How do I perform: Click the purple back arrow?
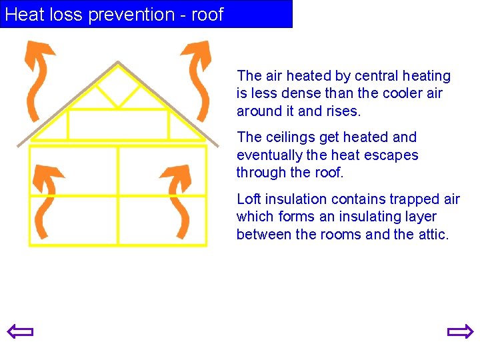click(20, 331)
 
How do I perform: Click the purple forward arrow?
click(460, 331)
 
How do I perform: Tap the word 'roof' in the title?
click(207, 14)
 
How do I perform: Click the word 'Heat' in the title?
click(24, 14)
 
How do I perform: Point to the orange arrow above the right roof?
click(197, 77)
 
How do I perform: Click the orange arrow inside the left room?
click(47, 200)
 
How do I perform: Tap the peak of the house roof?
click(118, 63)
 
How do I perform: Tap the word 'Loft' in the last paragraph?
click(249, 199)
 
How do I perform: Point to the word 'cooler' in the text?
click(402, 93)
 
